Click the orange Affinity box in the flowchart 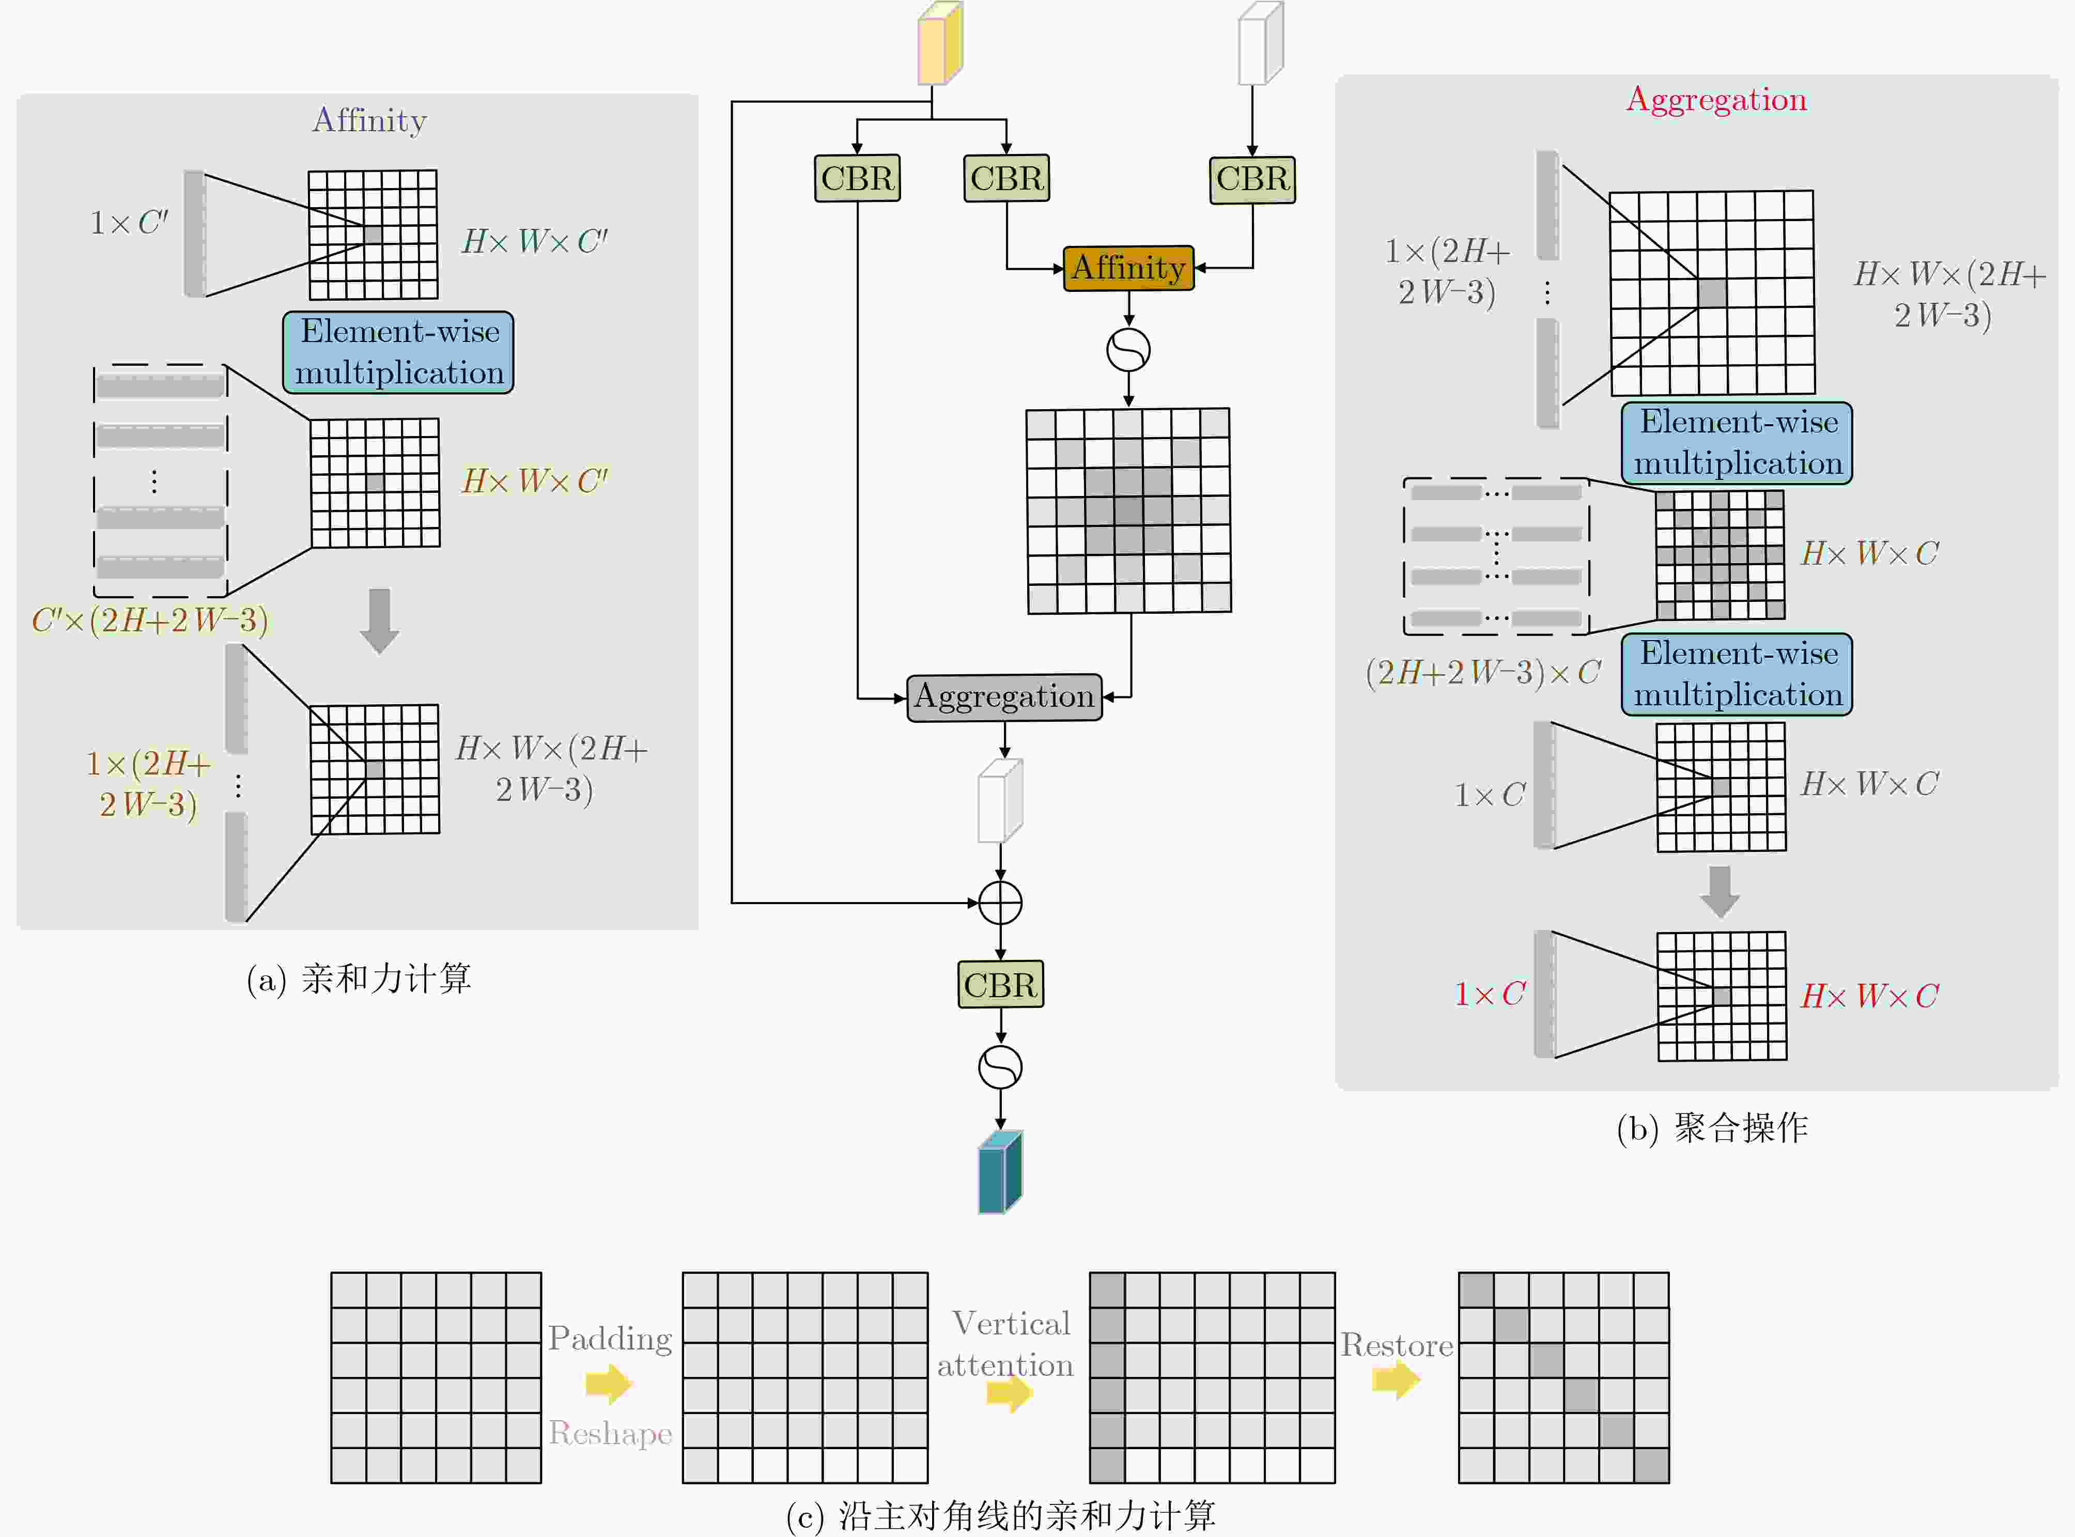point(1128,268)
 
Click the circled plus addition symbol point(1000,903)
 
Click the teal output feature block point(1000,1172)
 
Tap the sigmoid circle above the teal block point(1000,1067)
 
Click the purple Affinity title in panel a point(369,120)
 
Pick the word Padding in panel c point(610,1339)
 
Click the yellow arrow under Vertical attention point(1010,1393)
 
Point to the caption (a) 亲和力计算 point(359,979)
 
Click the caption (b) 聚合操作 point(1712,1128)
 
